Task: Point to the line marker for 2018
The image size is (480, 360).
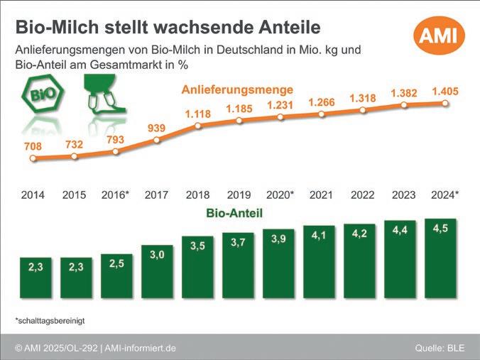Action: pos(197,126)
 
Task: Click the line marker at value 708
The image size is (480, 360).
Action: pos(33,158)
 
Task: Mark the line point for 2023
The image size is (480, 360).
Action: pos(403,105)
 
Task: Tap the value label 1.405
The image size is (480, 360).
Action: pos(445,91)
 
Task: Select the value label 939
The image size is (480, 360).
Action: pos(156,128)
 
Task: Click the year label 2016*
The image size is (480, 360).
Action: pos(115,195)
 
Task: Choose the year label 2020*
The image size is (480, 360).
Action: pos(279,195)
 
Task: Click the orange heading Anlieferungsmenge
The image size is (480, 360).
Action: pos(237,90)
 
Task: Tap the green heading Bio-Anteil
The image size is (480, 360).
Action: pos(235,212)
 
